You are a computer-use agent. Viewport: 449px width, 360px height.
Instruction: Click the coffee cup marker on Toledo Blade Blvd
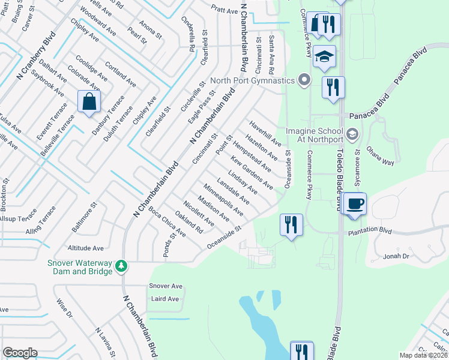tap(355, 204)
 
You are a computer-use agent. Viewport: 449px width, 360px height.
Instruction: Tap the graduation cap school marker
tap(324, 56)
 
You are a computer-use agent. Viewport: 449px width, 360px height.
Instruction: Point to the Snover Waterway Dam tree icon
tap(121, 265)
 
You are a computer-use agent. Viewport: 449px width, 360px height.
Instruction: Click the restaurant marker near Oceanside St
tap(291, 225)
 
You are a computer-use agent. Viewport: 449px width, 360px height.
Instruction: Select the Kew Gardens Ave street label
tap(252, 173)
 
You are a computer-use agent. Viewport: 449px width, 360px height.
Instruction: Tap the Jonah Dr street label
tap(396, 256)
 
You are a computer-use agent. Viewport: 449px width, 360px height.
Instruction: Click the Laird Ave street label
tap(165, 299)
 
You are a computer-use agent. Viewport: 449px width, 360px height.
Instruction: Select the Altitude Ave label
tap(86, 248)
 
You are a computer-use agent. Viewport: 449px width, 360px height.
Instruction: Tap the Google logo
tap(20, 353)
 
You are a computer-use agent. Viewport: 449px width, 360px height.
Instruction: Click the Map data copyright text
tap(423, 355)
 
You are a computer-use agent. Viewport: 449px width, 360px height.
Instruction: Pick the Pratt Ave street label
tap(224, 10)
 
